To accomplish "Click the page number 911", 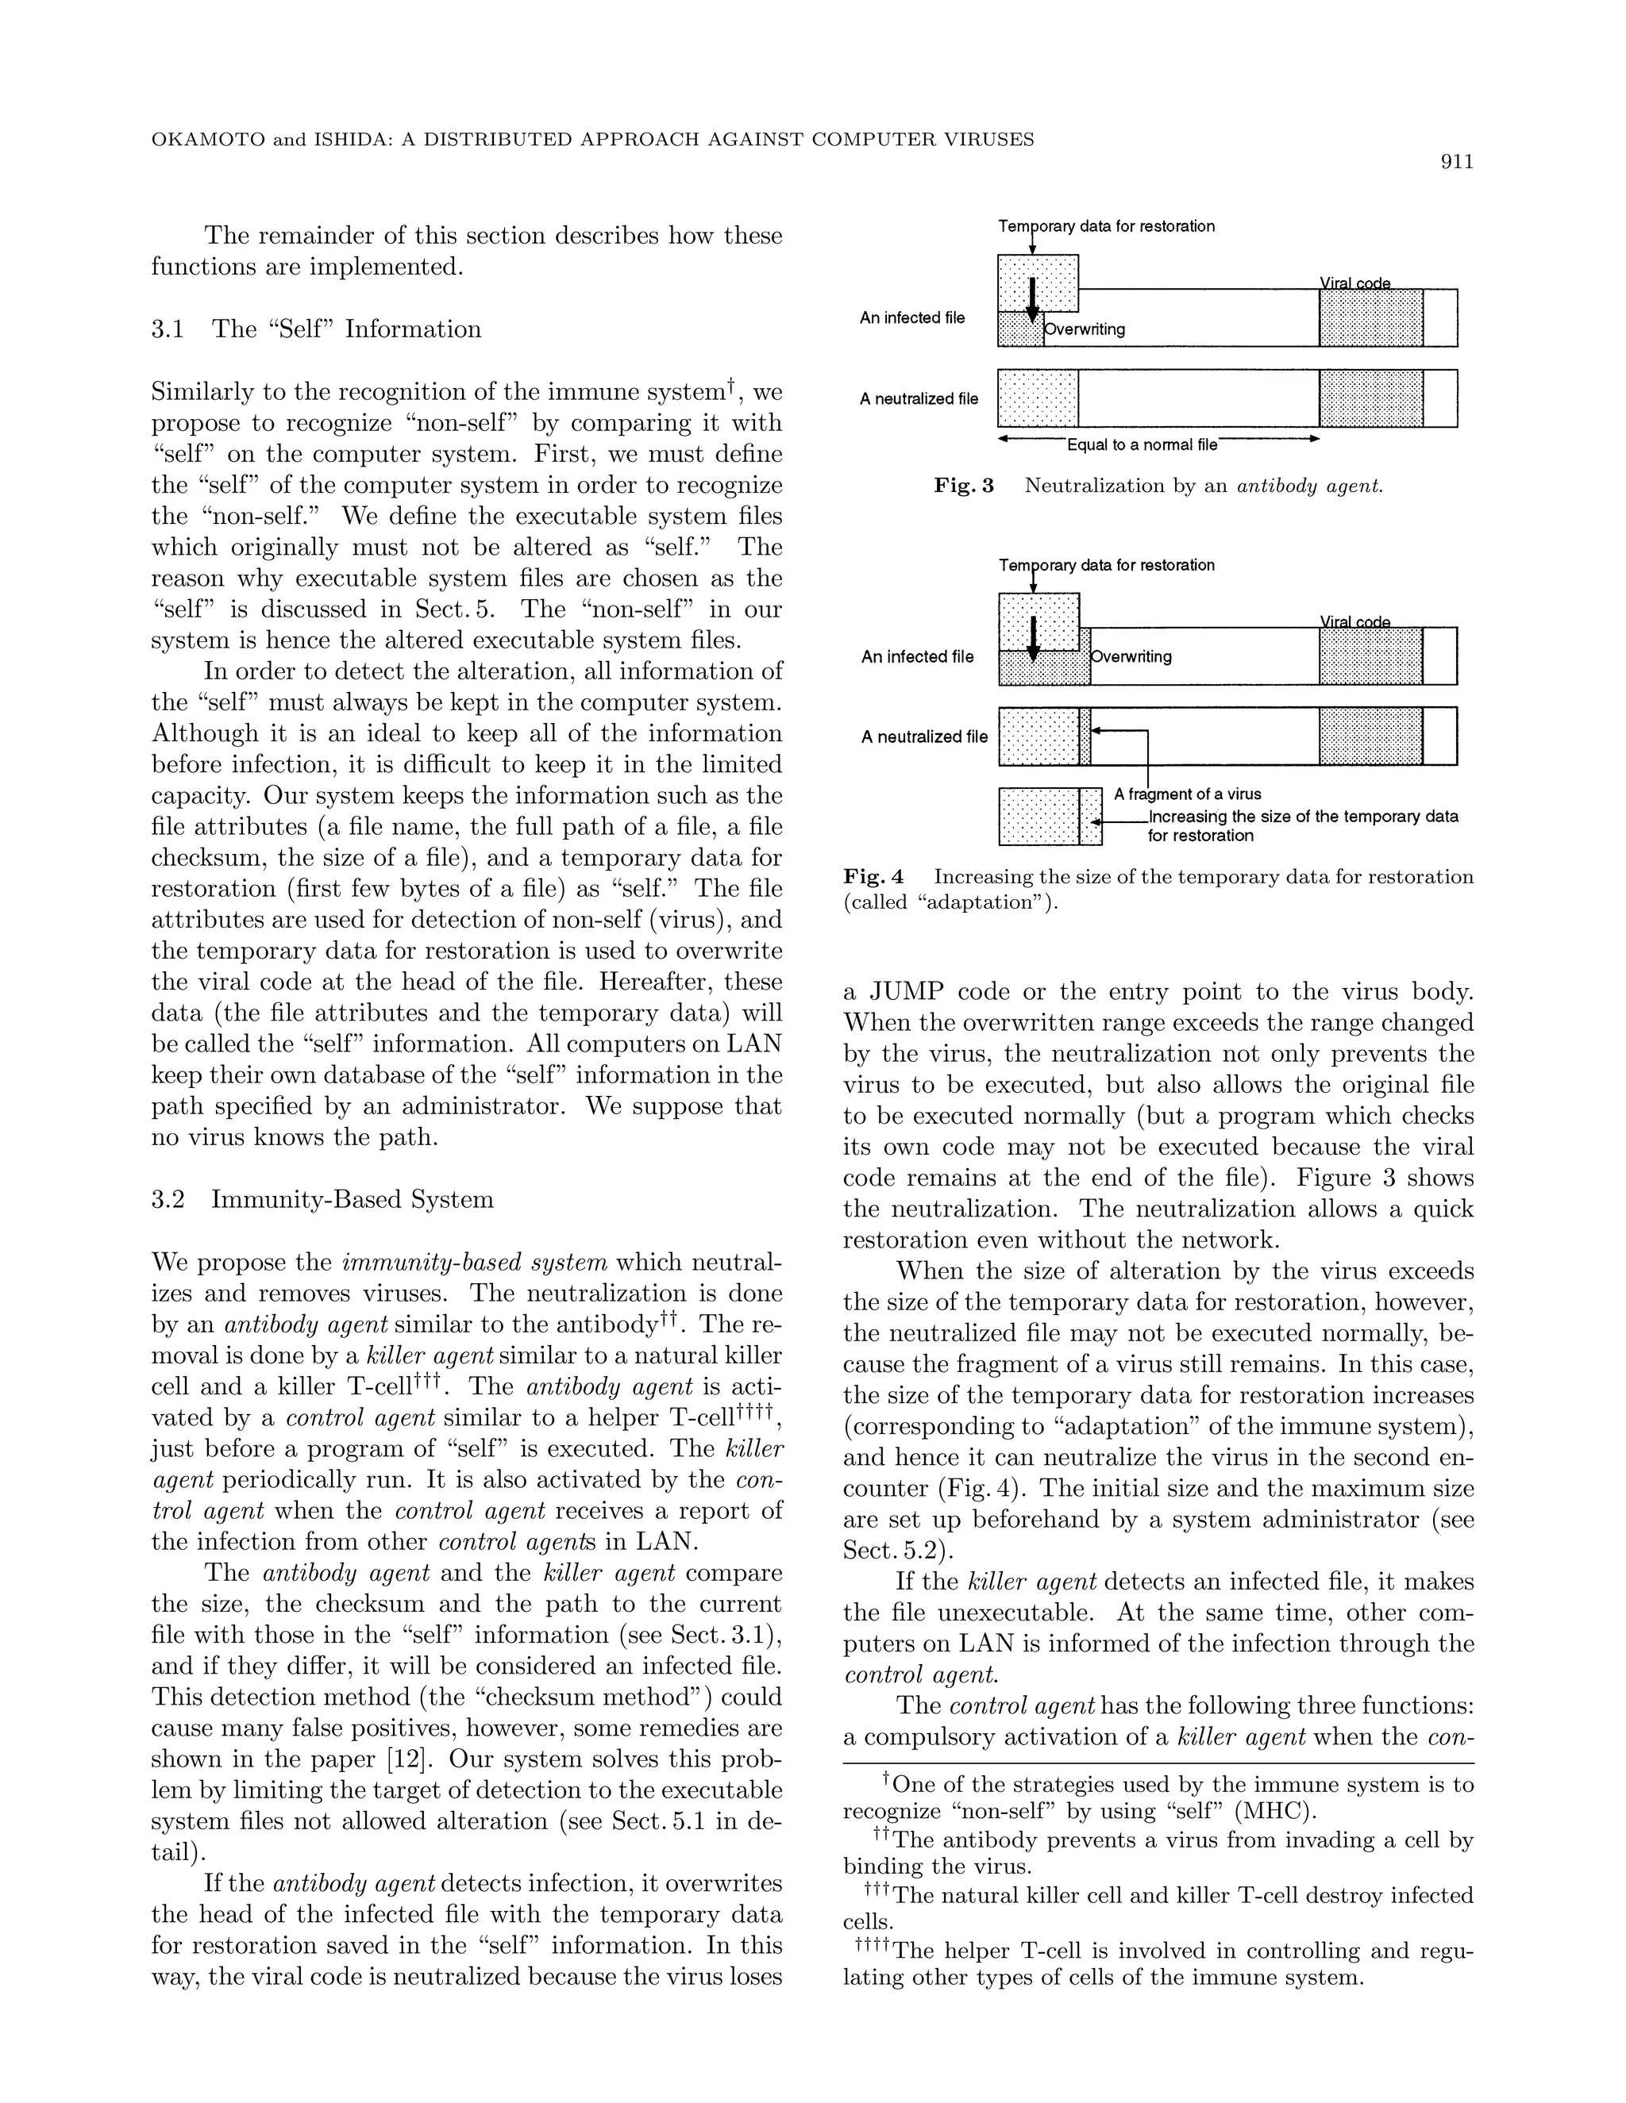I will tap(1456, 163).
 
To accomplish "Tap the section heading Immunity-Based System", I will tap(352, 1200).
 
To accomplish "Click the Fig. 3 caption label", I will tap(963, 486).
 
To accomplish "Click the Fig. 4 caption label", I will tap(873, 876).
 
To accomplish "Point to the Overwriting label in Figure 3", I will tap(1085, 329).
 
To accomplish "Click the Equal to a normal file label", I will tap(1142, 445).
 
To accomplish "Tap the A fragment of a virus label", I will tap(1187, 794).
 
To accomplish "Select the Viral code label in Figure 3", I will tap(1354, 283).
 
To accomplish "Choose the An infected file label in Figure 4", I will tap(917, 657).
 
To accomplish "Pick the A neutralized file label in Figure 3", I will tap(918, 398).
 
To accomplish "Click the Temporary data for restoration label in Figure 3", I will tap(1106, 226).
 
